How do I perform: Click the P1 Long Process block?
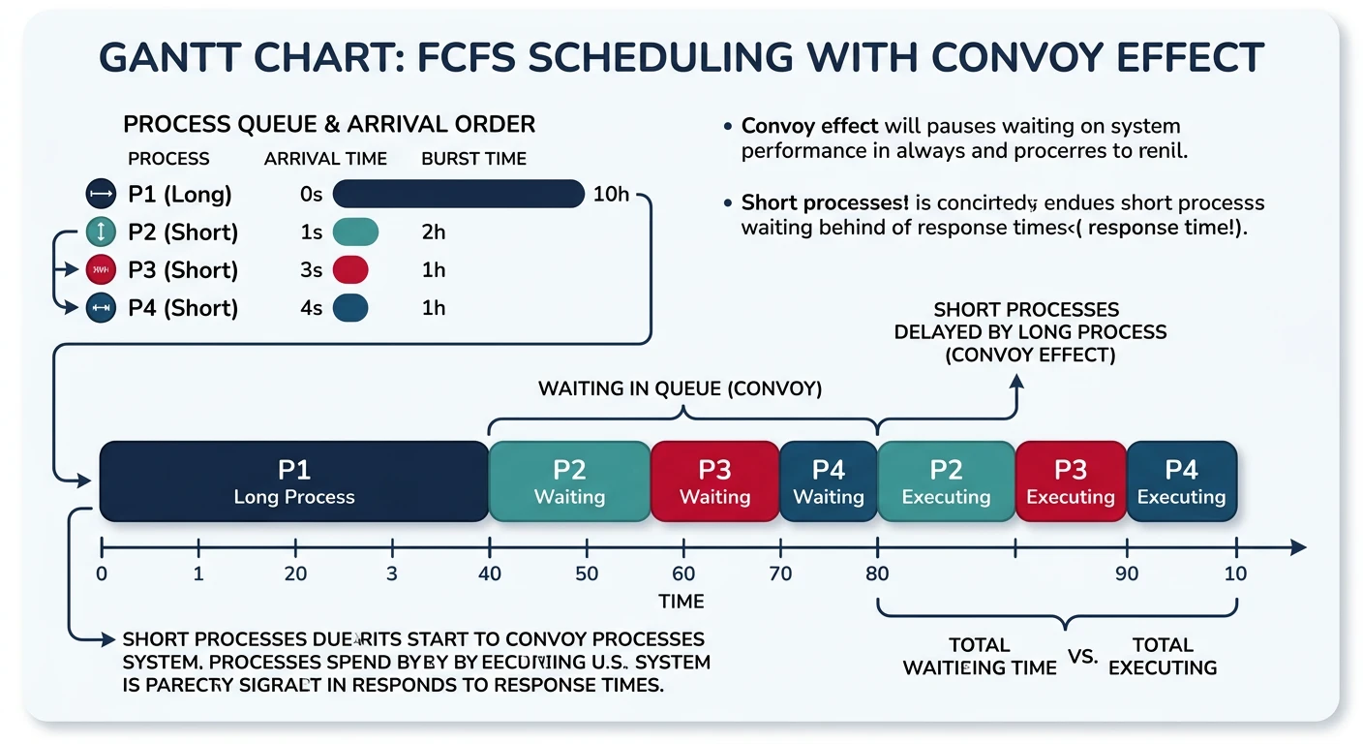293,481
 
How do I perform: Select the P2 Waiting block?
569,481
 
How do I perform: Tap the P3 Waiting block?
714,481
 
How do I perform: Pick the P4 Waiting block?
828,481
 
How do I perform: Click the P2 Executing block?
946,481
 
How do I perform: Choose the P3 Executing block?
1070,481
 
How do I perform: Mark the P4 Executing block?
1181,481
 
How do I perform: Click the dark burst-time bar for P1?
459,195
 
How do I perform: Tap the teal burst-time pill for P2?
355,232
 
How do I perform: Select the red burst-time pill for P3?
351,270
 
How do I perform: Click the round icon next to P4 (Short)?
101,308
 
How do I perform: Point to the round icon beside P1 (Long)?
101,195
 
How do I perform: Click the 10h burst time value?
610,195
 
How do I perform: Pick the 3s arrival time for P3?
311,270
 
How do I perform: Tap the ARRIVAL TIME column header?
325,159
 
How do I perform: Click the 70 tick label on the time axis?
780,573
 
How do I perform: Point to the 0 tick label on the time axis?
102,573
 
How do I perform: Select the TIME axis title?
681,602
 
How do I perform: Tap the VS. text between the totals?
1083,656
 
